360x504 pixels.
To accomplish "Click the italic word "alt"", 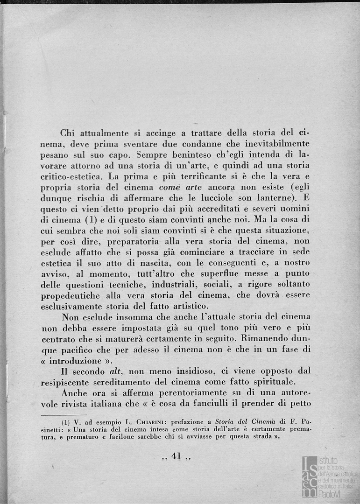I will [116, 371].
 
